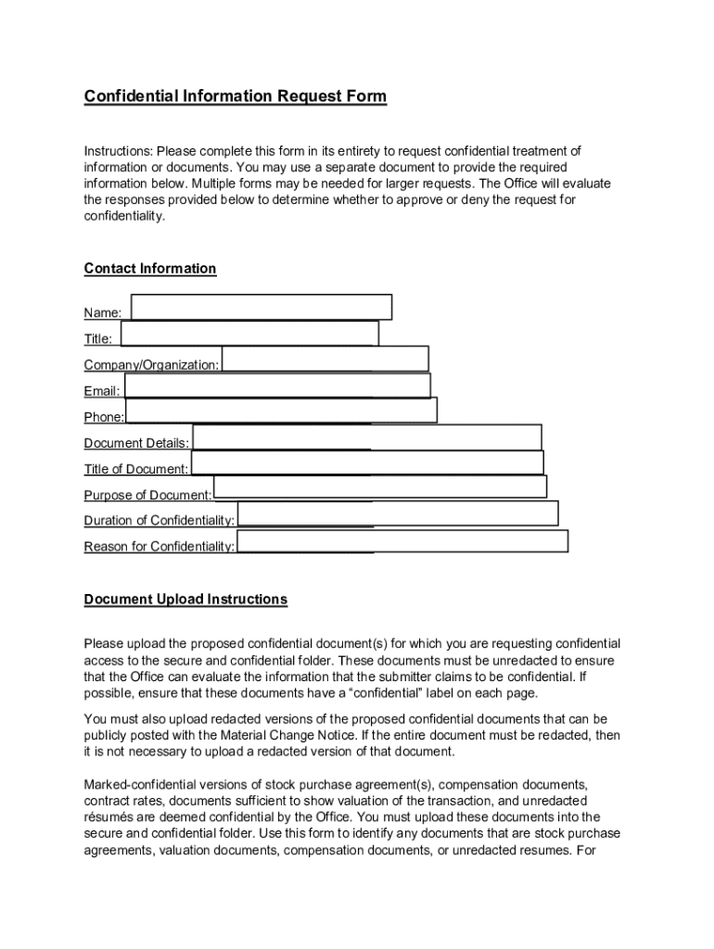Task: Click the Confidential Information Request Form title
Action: pos(235,96)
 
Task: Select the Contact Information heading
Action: pos(150,269)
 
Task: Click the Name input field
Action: pos(261,307)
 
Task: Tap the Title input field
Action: pos(249,333)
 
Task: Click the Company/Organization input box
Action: pos(325,359)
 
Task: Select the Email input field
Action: pos(277,385)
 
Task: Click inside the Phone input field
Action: pos(281,411)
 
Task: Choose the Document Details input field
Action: pos(366,437)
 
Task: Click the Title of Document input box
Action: pos(367,462)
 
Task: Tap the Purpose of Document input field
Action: pos(380,487)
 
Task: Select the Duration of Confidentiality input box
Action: pos(398,512)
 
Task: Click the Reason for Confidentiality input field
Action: pos(402,541)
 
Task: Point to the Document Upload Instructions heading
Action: pos(185,600)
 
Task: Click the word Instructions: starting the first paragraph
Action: pos(118,151)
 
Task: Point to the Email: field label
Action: pos(102,392)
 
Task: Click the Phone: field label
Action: pos(104,418)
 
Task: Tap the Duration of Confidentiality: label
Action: pos(159,521)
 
